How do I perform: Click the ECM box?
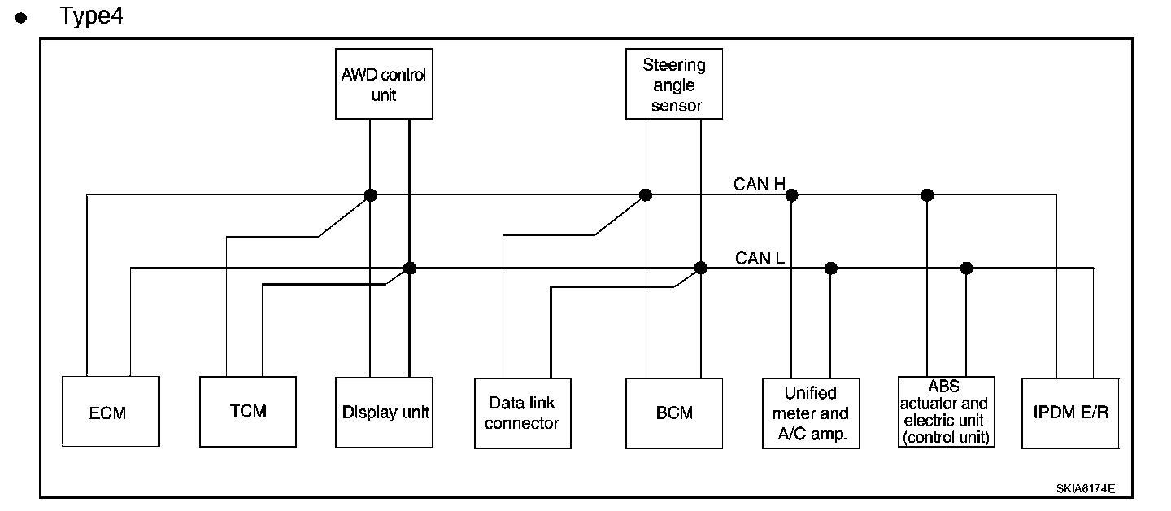110,412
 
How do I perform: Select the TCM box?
248,411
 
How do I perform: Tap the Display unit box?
385,412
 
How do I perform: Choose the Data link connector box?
523,413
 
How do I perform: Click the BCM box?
674,413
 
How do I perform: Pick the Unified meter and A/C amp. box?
811,413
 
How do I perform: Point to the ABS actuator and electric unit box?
946,411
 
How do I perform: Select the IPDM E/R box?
1070,413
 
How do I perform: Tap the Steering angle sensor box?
674,84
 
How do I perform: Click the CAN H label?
759,184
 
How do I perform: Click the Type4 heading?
91,16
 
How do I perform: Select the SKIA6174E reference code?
1085,488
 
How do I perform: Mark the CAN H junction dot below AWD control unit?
371,194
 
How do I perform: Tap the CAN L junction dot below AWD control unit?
410,268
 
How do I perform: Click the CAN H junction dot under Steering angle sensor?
646,194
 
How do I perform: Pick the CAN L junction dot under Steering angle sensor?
701,268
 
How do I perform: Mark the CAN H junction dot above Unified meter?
791,194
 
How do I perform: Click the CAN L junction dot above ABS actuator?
966,268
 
